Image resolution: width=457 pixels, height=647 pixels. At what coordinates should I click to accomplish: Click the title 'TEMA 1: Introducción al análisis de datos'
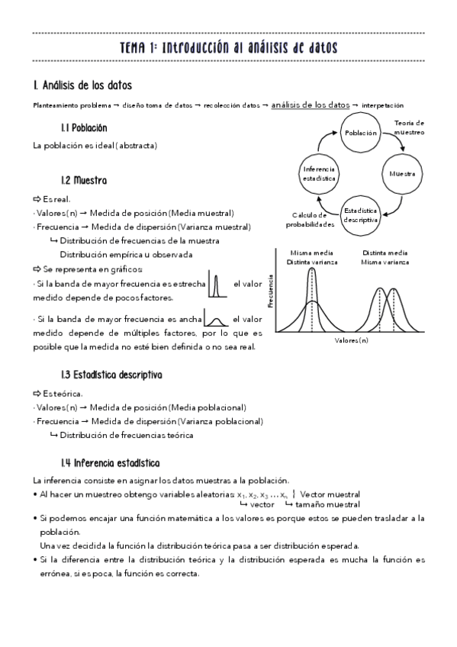229,48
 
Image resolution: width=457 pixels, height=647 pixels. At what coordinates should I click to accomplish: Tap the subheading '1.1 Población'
84,127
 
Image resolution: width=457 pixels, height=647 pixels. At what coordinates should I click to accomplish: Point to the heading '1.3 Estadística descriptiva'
111,375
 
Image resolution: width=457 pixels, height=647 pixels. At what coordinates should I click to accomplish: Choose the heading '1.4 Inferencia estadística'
110,463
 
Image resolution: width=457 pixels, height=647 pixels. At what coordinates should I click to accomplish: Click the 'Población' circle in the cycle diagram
361,133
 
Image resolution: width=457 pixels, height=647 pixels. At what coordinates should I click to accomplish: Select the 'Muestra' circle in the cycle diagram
402,174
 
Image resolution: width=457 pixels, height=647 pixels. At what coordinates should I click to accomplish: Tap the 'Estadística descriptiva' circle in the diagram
362,214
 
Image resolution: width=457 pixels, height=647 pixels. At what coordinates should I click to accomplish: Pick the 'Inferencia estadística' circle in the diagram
320,174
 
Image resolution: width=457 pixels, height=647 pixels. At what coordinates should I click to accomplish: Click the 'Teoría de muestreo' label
409,127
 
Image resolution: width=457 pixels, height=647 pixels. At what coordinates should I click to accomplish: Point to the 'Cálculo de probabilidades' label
311,220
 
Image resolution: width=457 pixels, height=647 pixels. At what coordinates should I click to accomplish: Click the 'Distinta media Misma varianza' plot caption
385,257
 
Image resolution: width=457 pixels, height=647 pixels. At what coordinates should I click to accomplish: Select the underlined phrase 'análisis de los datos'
311,105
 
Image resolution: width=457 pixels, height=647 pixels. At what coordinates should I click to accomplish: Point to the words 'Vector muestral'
330,494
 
